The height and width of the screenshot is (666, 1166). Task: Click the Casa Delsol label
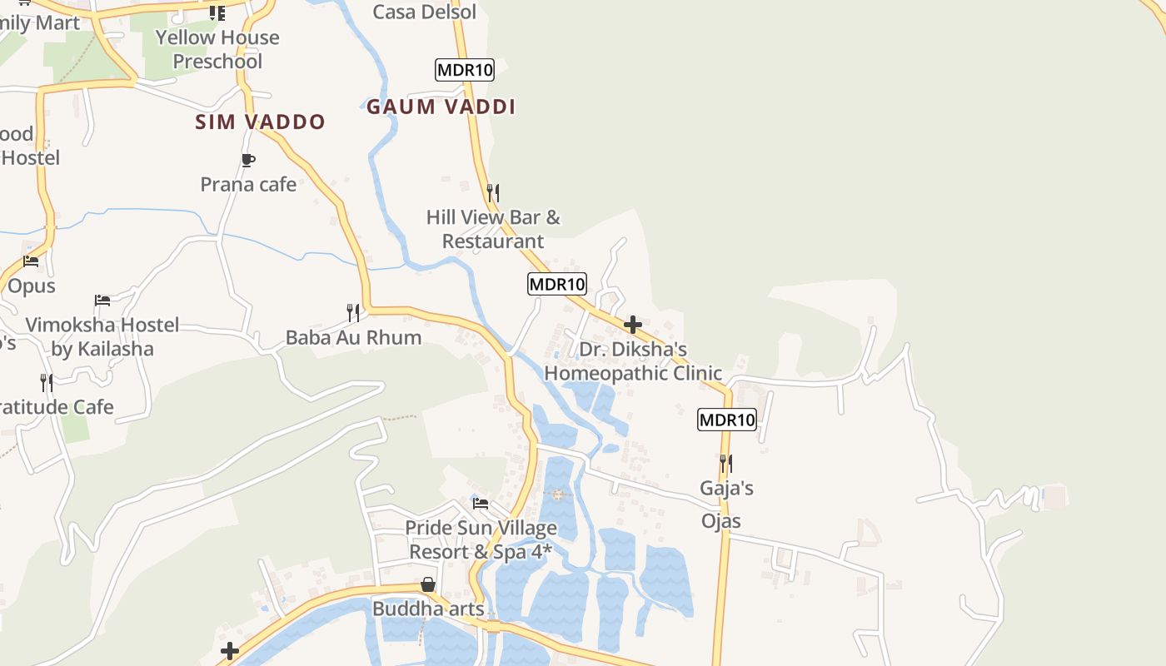[x=425, y=12]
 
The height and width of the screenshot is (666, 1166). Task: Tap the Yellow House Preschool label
[x=217, y=49]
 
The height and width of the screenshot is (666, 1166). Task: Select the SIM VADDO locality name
[x=260, y=122]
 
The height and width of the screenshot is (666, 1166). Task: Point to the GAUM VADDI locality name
[x=441, y=107]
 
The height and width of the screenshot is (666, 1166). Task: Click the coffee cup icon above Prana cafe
[x=247, y=159]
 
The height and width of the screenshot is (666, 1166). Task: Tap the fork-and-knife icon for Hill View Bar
[x=493, y=192]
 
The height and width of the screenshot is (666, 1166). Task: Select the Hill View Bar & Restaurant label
[x=493, y=229]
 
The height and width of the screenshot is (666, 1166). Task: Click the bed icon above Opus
[x=31, y=261]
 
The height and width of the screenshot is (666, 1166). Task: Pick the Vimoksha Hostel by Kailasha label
[x=102, y=336]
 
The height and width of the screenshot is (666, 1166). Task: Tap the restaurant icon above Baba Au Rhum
[x=353, y=313]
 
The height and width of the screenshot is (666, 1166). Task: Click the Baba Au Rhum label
[x=353, y=337]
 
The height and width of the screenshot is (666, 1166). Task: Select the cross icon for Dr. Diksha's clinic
[x=633, y=325]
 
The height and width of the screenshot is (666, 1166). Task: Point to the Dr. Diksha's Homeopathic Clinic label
[x=633, y=361]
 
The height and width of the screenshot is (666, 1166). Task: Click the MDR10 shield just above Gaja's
[x=727, y=420]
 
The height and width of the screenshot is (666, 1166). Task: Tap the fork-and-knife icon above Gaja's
[x=726, y=463]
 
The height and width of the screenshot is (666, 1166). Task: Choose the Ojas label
[x=721, y=521]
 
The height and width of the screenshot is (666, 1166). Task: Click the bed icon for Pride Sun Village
[x=481, y=503]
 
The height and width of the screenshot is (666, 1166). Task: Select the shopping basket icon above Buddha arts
[x=428, y=584]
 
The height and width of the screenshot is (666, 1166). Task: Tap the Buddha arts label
[x=428, y=609]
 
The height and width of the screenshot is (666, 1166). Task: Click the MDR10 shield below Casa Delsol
[x=465, y=70]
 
